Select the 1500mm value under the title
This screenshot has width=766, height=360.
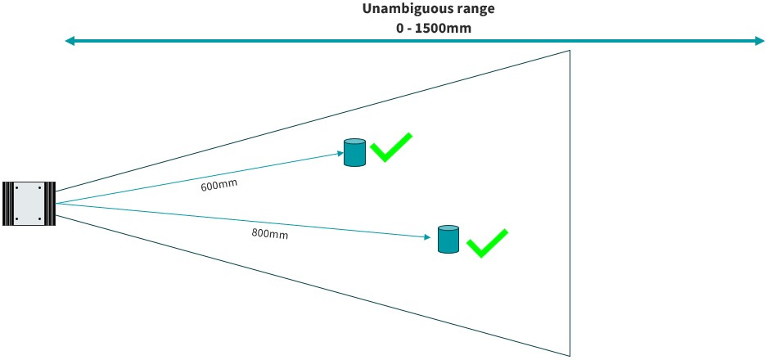coord(447,28)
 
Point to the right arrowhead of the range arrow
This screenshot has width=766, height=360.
coord(759,42)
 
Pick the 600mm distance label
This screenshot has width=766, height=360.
coord(215,186)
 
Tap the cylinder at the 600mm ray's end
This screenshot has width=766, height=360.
coord(354,152)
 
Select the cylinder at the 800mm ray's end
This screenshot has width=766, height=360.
coord(448,239)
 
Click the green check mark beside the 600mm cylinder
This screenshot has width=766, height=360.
coord(391,147)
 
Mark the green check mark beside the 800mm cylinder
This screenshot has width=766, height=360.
coord(487,243)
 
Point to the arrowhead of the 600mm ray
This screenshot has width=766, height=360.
coord(340,154)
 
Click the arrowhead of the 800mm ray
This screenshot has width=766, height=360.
coord(428,237)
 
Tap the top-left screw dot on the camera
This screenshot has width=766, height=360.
coord(17,188)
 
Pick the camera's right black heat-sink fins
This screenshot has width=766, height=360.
coord(50,203)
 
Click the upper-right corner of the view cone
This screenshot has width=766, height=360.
coord(570,50)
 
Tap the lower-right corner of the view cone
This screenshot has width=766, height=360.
coord(570,356)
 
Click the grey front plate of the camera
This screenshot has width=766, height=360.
coord(29,203)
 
